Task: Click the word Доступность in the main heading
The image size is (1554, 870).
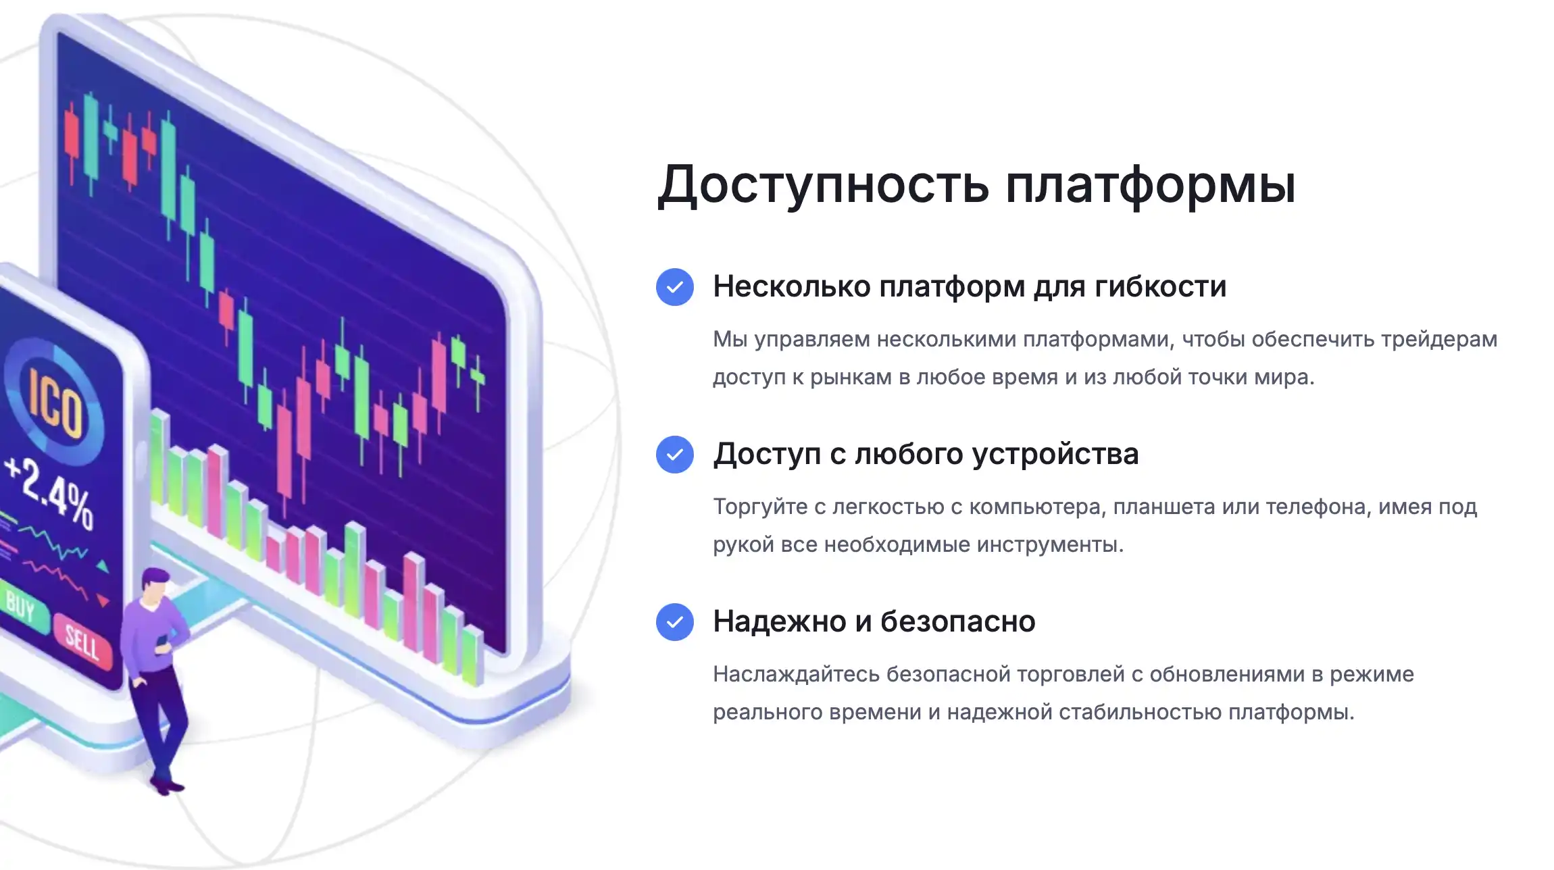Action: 824,184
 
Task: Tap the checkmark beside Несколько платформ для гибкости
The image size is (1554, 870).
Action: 674,287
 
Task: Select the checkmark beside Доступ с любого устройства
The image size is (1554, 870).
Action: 674,454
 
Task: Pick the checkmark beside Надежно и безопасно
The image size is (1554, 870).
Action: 674,621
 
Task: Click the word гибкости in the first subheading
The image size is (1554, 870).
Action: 1160,286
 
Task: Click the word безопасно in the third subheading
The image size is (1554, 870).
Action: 958,621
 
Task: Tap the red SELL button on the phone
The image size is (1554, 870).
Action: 83,641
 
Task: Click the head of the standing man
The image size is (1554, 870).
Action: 155,585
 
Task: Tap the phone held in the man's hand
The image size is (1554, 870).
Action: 162,642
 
